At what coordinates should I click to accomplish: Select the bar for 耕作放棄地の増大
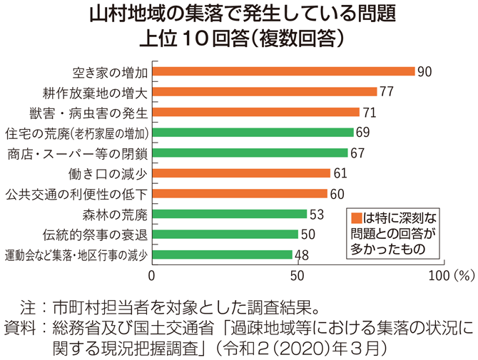click(x=264, y=91)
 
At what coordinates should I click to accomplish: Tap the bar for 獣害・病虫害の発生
click(x=255, y=112)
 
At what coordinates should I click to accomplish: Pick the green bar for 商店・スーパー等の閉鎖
click(x=250, y=153)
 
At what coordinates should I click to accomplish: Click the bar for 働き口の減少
click(x=241, y=173)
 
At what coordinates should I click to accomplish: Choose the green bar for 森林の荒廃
click(x=229, y=214)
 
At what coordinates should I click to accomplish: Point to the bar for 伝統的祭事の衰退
click(x=225, y=234)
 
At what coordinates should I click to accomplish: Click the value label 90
click(x=425, y=71)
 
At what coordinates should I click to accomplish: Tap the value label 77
click(x=387, y=91)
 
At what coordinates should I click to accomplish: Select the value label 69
click(x=363, y=133)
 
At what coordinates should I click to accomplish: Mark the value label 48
click(x=302, y=254)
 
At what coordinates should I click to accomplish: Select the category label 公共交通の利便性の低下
click(x=77, y=194)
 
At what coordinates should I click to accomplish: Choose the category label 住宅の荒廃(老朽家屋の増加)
click(x=77, y=133)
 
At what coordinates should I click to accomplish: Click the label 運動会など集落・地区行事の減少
click(x=76, y=254)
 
